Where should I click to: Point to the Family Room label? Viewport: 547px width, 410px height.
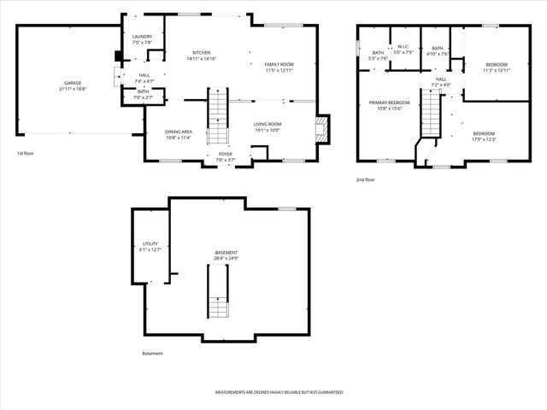coord(279,67)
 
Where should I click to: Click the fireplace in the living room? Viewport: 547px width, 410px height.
coord(321,129)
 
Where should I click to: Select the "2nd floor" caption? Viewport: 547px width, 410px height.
coord(366,179)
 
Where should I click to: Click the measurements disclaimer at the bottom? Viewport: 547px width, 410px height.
coord(279,392)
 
